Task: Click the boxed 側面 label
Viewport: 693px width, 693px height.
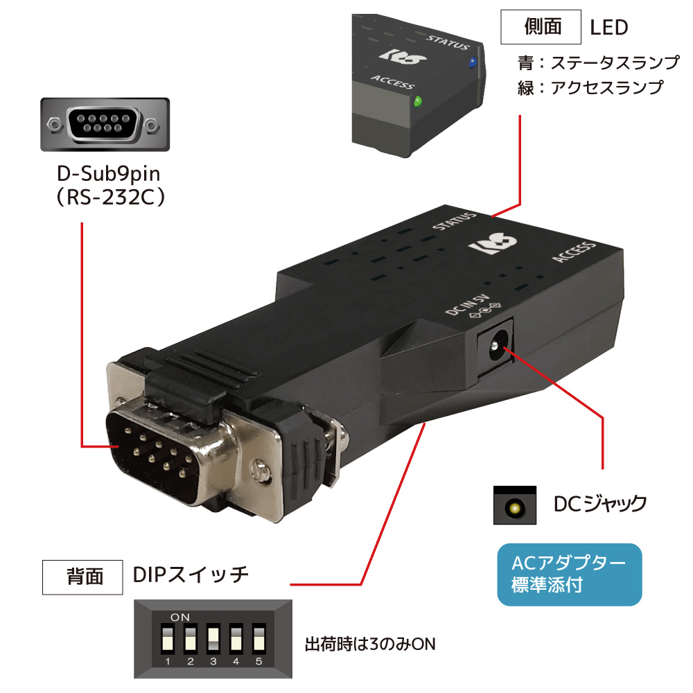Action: [540, 28]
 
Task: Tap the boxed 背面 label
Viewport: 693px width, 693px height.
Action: [85, 576]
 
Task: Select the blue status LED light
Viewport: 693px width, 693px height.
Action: [472, 62]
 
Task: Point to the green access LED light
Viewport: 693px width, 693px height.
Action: [417, 103]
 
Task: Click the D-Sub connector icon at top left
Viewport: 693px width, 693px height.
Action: [102, 125]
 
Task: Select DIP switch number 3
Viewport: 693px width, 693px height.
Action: [213, 640]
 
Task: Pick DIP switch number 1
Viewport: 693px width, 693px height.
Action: [168, 640]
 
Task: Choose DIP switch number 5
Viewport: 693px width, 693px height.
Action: [259, 640]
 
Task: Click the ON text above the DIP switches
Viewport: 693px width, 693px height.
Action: [179, 616]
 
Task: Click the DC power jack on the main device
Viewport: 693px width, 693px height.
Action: [495, 342]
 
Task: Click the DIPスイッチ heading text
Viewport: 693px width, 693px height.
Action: [191, 575]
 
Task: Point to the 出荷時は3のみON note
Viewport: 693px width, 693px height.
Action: [370, 644]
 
